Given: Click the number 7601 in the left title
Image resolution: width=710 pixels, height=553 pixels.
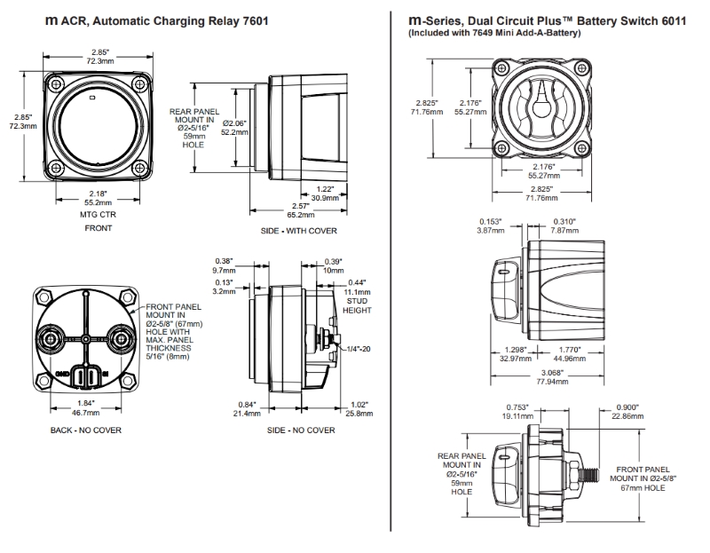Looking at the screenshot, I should (252, 19).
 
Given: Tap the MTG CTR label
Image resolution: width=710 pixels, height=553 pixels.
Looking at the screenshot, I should (98, 214).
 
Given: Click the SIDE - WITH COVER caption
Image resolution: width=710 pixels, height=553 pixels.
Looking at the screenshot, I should (301, 231).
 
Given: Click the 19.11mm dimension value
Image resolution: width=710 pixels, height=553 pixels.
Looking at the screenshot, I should (516, 415).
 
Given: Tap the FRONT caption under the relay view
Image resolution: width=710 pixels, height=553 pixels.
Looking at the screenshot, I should (98, 228).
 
